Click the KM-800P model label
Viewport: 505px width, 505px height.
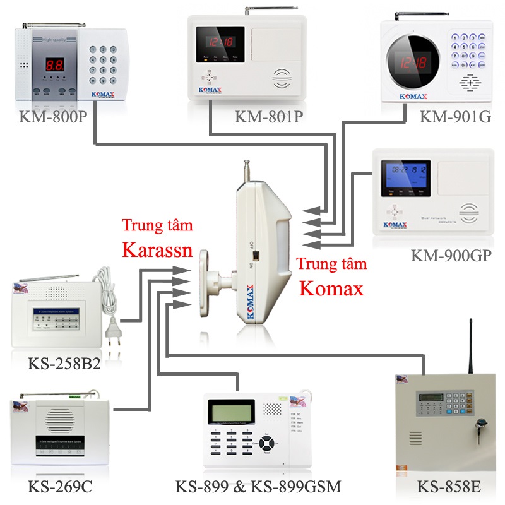point(53,117)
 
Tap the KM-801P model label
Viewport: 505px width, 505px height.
point(268,117)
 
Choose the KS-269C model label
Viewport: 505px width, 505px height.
point(60,487)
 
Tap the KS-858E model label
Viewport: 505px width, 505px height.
point(449,487)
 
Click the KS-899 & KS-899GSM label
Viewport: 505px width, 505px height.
point(258,487)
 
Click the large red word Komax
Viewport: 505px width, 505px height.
point(331,288)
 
